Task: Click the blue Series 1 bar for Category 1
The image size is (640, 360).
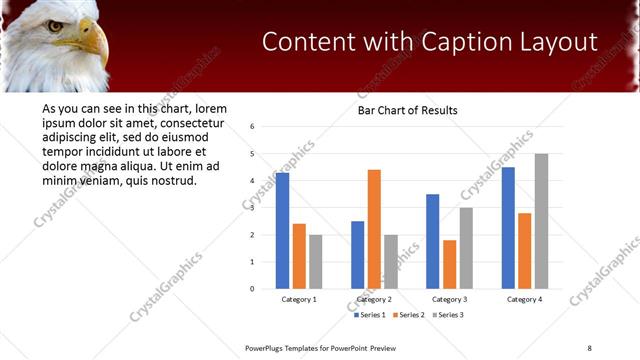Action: tap(282, 231)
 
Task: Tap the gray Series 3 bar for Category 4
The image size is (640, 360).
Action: tap(541, 221)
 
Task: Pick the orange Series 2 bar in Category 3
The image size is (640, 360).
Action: tap(449, 264)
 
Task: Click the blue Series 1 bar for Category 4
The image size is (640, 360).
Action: tap(508, 228)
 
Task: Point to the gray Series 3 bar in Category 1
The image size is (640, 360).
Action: tap(316, 262)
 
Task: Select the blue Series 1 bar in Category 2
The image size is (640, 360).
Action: tap(357, 255)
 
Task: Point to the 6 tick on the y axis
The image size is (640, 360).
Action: tap(252, 127)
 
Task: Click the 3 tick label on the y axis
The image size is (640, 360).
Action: tap(252, 208)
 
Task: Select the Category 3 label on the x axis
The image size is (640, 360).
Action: tap(449, 299)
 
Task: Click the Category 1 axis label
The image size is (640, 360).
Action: tap(299, 299)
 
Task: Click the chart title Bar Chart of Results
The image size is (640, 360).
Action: tap(407, 110)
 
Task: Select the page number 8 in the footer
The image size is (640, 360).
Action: tap(589, 347)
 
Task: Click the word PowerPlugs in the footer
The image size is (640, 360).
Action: tap(267, 347)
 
